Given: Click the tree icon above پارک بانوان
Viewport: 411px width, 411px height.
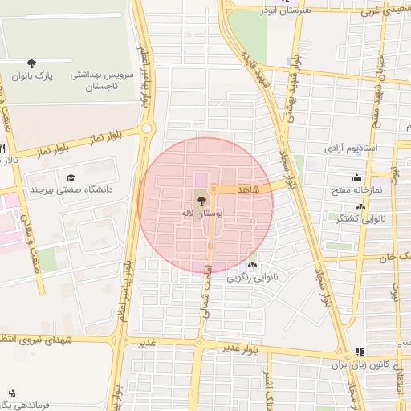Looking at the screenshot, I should coord(31,63).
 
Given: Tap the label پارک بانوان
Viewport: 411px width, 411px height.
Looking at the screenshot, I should coord(32,76).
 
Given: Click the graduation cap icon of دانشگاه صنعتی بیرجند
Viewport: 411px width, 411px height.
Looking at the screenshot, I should coord(71,177).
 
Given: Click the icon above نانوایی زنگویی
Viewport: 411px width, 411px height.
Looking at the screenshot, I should coord(253,265).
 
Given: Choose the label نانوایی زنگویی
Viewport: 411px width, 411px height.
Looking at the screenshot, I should coord(253,278).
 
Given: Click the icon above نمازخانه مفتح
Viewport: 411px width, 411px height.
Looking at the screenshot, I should coord(356,178).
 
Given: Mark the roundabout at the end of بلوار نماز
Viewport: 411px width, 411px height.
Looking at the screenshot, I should coord(146,128).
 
